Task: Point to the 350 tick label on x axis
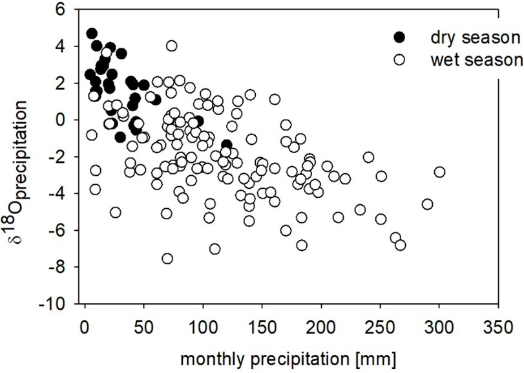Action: tap(498, 323)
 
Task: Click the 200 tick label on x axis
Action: tap(321, 323)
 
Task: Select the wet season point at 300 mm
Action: tap(439, 172)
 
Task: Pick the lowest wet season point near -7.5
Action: tap(167, 259)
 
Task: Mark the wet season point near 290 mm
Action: tap(427, 204)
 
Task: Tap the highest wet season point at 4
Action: tap(171, 46)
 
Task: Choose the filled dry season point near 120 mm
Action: tap(226, 145)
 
